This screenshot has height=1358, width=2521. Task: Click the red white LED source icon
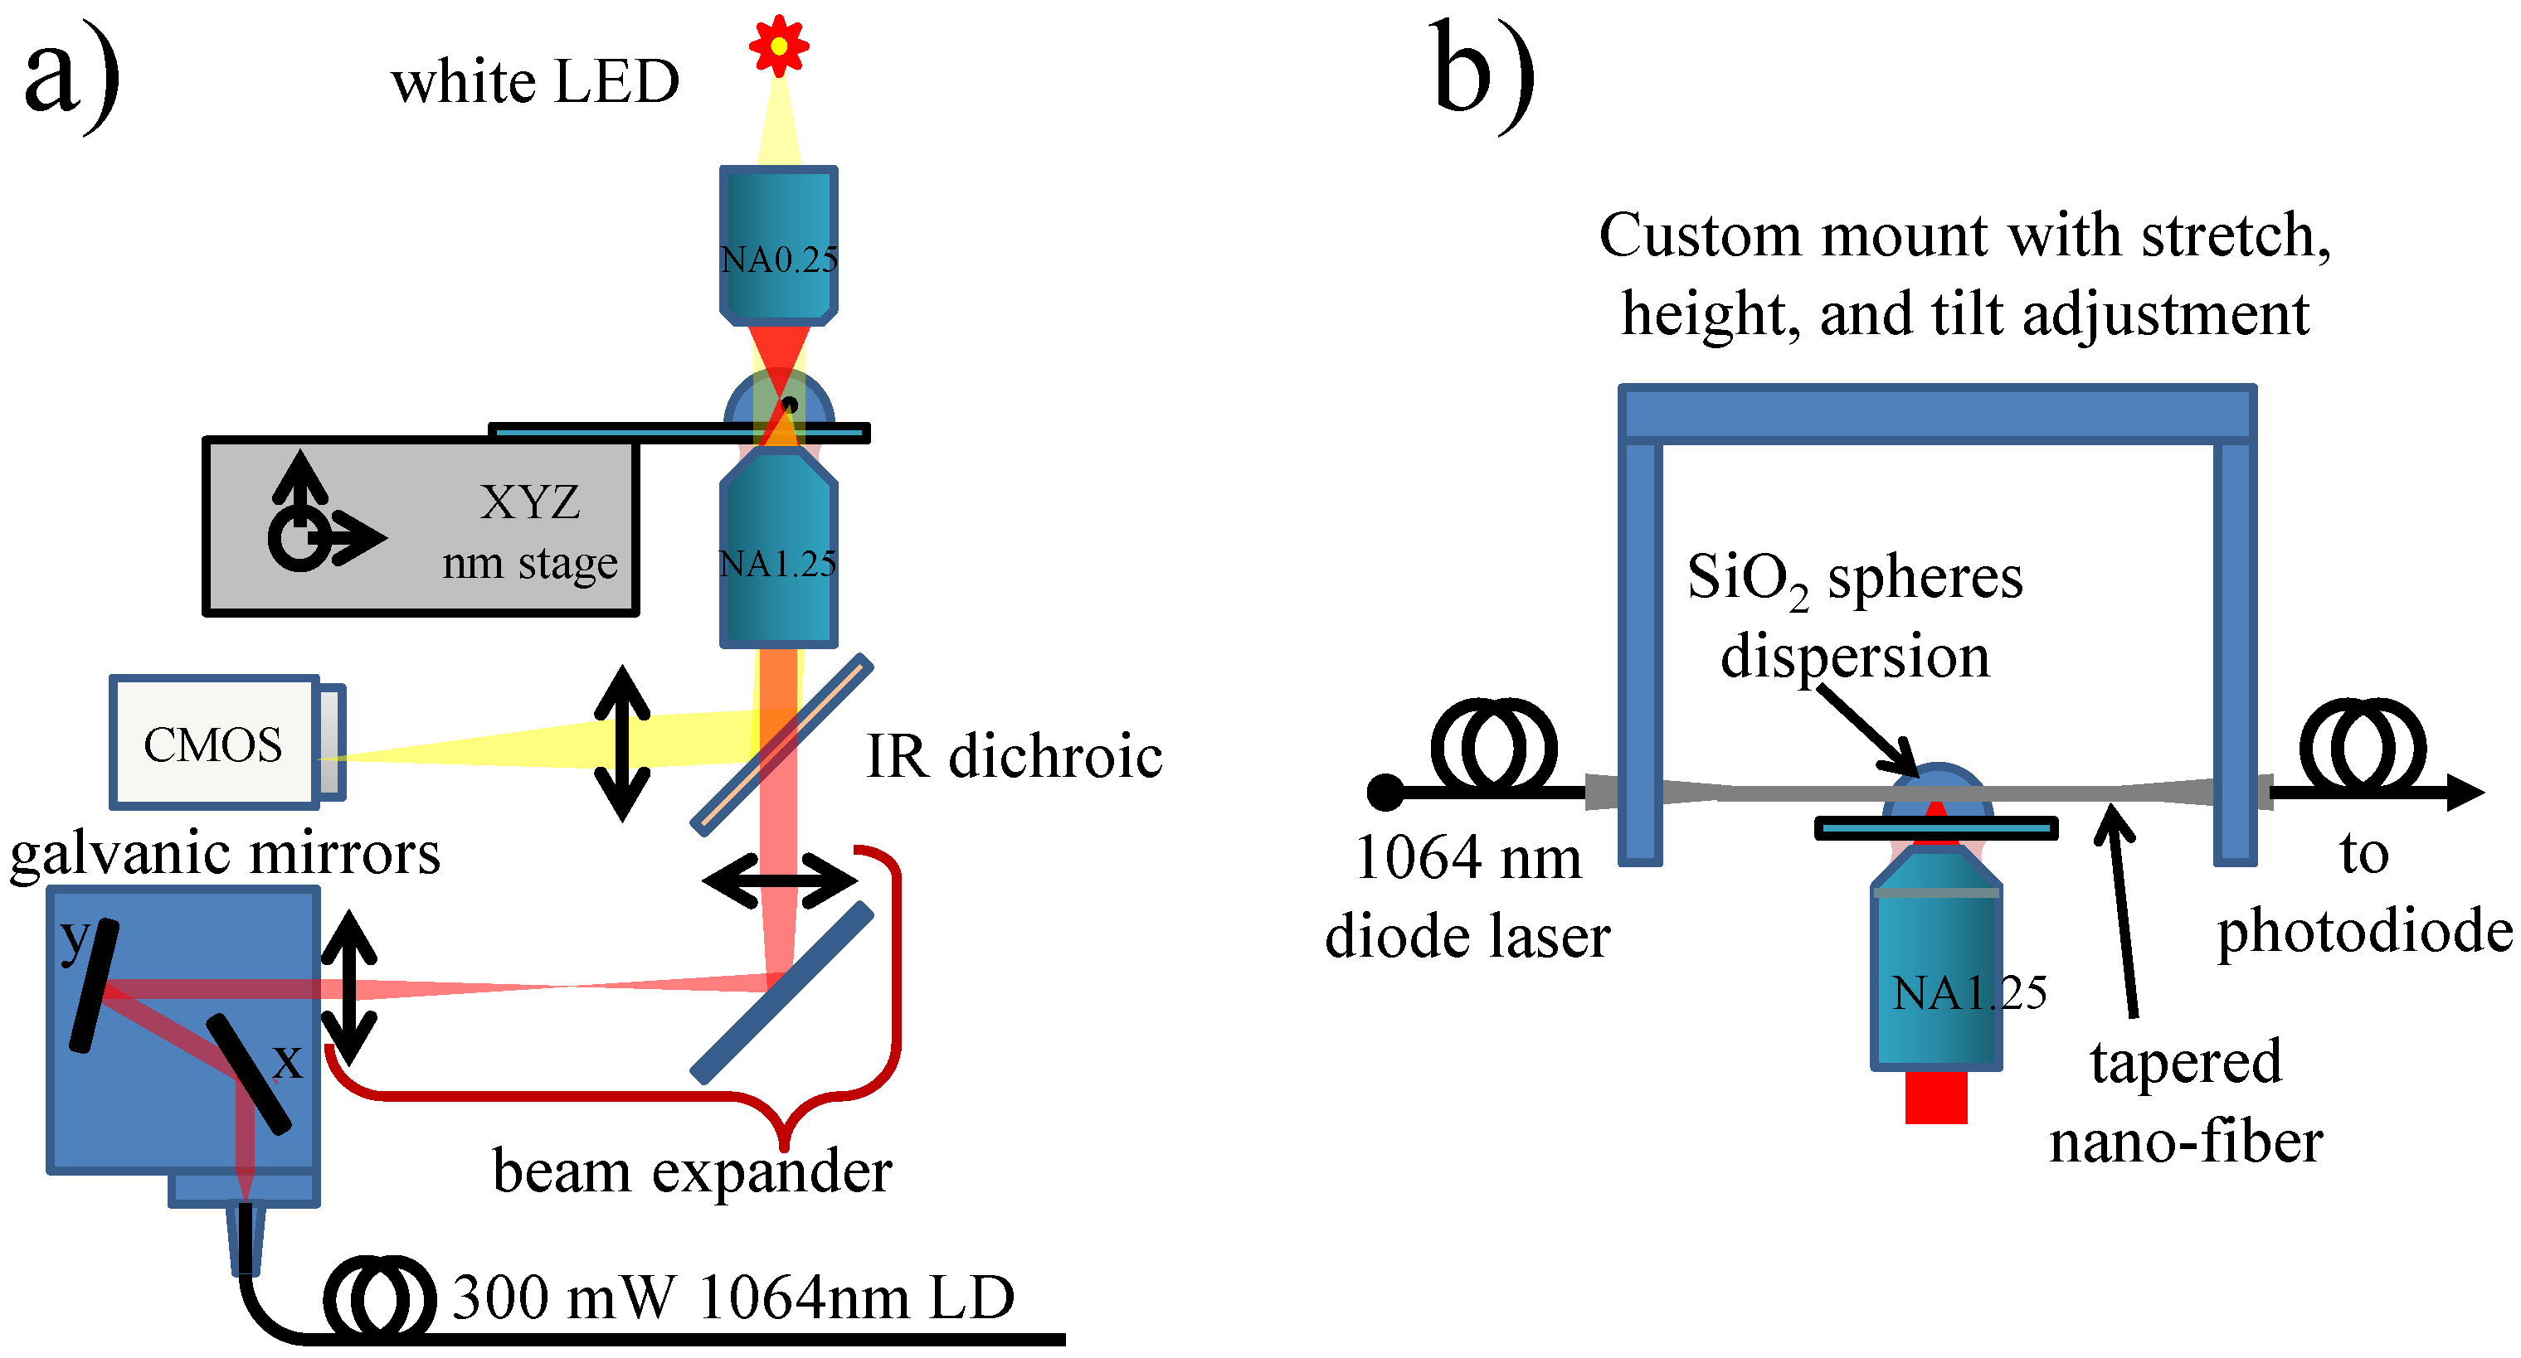[x=778, y=45]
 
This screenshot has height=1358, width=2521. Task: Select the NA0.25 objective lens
[x=778, y=245]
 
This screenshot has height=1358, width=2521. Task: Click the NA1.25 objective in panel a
[x=778, y=558]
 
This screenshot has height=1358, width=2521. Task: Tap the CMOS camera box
[x=213, y=744]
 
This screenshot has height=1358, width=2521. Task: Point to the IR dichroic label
[x=1014, y=755]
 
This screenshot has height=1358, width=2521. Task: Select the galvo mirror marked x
[x=249, y=1074]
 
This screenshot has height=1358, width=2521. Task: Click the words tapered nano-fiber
[x=2185, y=1101]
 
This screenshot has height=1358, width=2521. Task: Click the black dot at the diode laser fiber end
[x=1385, y=793]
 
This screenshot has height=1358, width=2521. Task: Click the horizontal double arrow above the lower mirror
[x=780, y=880]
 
